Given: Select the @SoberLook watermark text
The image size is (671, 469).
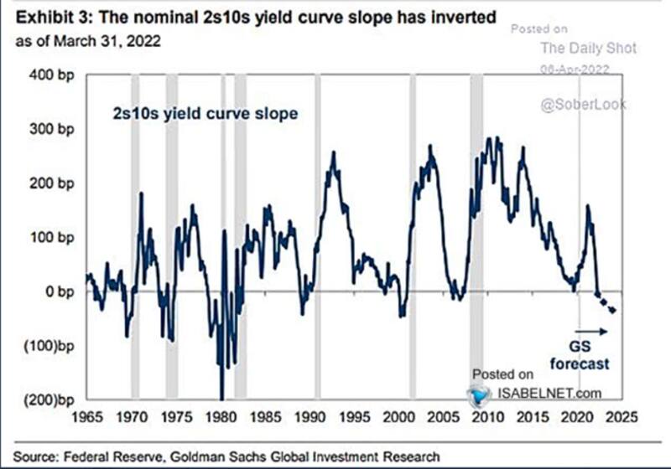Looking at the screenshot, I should pyautogui.click(x=582, y=105).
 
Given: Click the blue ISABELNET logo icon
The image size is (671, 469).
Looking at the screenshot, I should pyautogui.click(x=479, y=395).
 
